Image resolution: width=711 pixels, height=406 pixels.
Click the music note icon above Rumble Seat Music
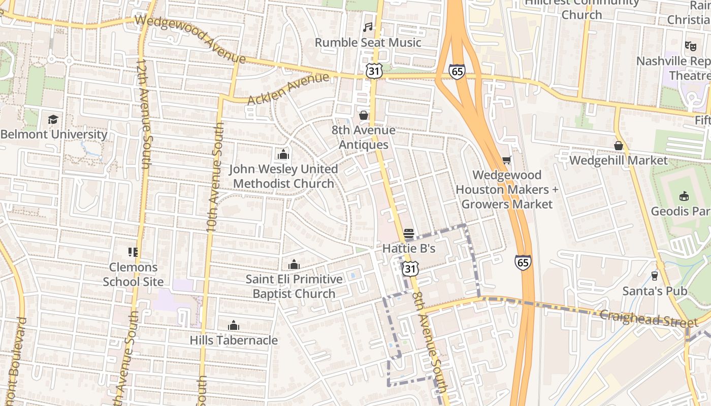pos(368,27)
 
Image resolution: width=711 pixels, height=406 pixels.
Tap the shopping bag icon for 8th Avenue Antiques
pos(364,116)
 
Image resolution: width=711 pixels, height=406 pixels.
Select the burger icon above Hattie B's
pos(409,233)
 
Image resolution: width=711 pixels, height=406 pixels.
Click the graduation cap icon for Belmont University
pos(53,119)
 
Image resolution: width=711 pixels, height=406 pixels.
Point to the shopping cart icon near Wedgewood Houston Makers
pos(506,160)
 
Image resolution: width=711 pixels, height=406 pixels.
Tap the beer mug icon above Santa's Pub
pos(655,276)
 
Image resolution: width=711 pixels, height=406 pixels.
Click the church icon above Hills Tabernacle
pos(234,325)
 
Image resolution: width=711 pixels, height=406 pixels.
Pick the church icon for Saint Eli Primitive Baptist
pos(294,264)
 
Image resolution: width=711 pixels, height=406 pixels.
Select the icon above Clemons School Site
pos(133,252)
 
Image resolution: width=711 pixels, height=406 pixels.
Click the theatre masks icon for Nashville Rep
pos(690,46)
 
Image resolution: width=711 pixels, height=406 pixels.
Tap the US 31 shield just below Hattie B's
pos(410,268)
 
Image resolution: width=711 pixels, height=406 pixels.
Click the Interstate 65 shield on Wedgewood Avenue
pos(457,72)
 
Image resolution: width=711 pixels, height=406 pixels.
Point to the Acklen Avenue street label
pos(288,89)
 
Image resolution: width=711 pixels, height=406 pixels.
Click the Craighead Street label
pos(648,318)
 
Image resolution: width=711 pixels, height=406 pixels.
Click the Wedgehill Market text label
pos(618,160)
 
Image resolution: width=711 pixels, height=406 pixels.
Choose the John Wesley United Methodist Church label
pos(283,176)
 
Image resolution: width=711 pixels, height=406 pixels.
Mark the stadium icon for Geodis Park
pos(684,196)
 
